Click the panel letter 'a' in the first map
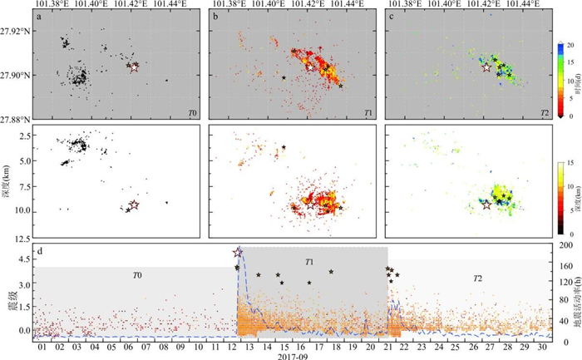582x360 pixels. click(x=39, y=17)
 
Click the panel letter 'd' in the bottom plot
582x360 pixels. click(x=39, y=247)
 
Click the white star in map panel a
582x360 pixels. click(x=135, y=67)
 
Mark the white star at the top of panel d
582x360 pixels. click(x=239, y=253)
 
